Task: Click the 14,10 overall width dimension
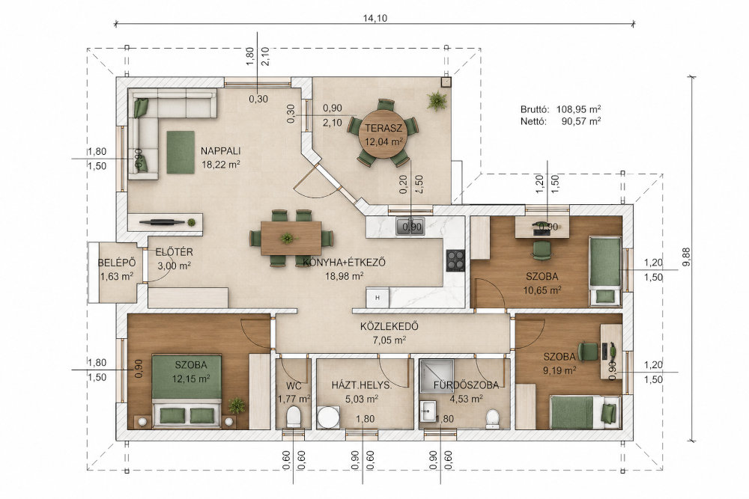pyautogui.click(x=375, y=19)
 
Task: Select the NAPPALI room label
pyautogui.click(x=220, y=151)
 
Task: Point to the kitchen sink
pyautogui.click(x=410, y=227)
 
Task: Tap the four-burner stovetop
pyautogui.click(x=455, y=260)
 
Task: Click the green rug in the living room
pyautogui.click(x=181, y=152)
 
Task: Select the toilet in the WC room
pyautogui.click(x=293, y=417)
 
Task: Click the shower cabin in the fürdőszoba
pyautogui.click(x=437, y=376)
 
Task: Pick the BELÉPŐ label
pyautogui.click(x=117, y=263)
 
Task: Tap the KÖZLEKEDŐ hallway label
pyautogui.click(x=389, y=327)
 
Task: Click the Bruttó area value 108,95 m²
pyautogui.click(x=578, y=108)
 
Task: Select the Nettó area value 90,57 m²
pyautogui.click(x=581, y=121)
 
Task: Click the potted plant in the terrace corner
pyautogui.click(x=437, y=101)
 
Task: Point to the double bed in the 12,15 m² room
pyautogui.click(x=187, y=391)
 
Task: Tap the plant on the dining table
pyautogui.click(x=287, y=238)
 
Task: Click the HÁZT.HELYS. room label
pyautogui.click(x=362, y=385)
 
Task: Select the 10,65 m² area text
pyautogui.click(x=542, y=290)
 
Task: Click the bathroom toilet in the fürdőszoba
pyautogui.click(x=492, y=419)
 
